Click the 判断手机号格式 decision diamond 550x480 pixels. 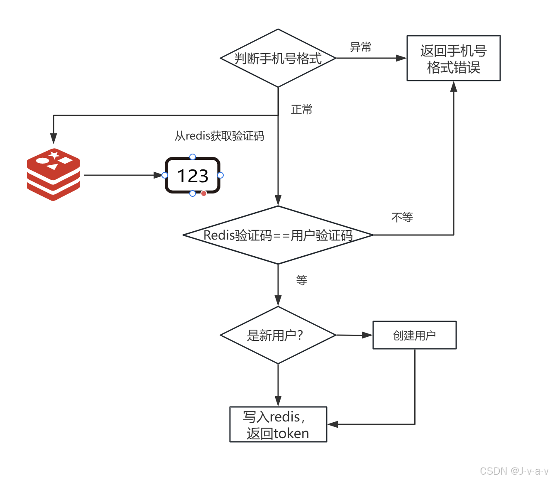tap(278, 58)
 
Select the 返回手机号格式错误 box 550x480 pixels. tap(453, 58)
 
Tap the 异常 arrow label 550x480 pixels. tap(360, 47)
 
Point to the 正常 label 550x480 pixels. tap(301, 109)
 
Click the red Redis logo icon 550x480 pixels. tap(54, 174)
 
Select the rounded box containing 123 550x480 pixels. tap(193, 175)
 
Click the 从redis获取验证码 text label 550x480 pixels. tap(219, 136)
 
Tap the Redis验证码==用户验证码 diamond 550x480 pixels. tap(278, 235)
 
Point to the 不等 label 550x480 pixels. tap(402, 217)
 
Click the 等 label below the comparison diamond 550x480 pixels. tap(301, 280)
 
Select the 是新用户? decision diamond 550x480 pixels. tap(278, 335)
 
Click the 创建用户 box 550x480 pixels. tap(414, 335)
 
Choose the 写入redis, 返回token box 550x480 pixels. tap(278, 424)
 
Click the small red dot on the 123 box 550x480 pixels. tap(204, 193)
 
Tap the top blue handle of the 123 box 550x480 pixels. tap(193, 157)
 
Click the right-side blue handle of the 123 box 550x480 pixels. tap(220, 175)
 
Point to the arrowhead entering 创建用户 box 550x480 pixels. tap(367, 335)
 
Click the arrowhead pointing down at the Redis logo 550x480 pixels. tap(54, 139)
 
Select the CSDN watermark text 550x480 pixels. tap(514, 471)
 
